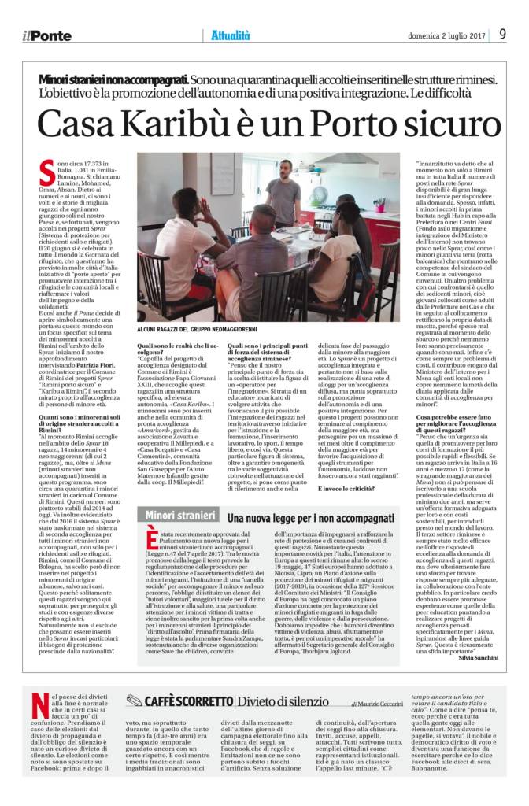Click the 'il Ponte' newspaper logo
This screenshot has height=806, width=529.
pos(46,35)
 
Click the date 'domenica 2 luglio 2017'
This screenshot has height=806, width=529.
pos(444,35)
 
